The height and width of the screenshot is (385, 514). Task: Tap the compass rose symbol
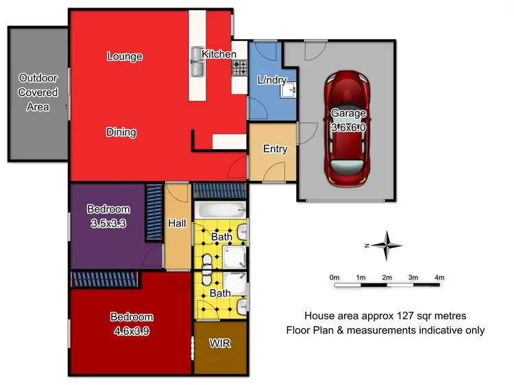(x=388, y=245)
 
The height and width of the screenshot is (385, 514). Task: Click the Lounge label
(x=124, y=56)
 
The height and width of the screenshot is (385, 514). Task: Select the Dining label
(x=121, y=132)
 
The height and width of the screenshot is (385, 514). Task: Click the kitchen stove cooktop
(x=241, y=67)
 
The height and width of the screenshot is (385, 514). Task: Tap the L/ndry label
(x=271, y=80)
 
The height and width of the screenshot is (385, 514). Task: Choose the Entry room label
(x=275, y=149)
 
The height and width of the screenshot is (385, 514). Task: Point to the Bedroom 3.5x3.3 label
(x=108, y=216)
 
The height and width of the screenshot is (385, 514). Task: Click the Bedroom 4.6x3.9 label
(x=132, y=323)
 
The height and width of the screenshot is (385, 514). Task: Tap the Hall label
(x=178, y=223)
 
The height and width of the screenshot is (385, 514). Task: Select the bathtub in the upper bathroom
(x=219, y=210)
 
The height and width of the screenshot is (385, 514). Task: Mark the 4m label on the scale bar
(x=439, y=277)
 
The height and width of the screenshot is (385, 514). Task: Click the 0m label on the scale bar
(x=334, y=277)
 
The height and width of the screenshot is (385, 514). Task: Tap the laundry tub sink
(x=291, y=88)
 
